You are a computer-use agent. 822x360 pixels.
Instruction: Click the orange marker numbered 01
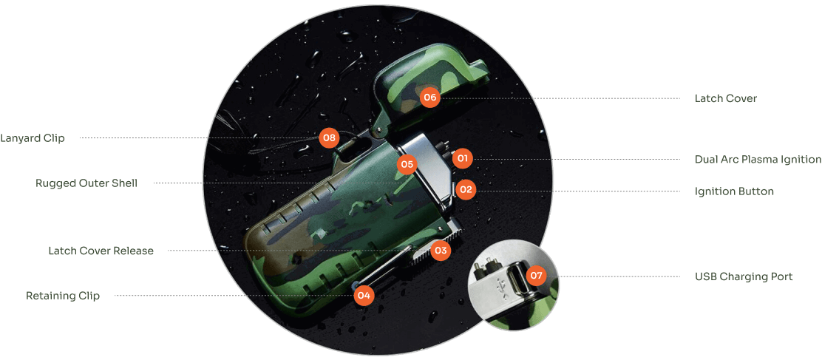point(462,157)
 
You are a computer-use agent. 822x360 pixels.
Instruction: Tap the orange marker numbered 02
point(464,190)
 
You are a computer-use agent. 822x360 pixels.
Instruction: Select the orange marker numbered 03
point(441,251)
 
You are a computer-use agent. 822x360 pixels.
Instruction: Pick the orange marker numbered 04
point(364,296)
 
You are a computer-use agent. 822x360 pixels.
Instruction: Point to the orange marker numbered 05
point(407,164)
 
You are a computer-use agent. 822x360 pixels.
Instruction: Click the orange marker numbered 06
point(430,98)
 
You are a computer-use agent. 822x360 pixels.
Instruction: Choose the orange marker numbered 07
point(535,276)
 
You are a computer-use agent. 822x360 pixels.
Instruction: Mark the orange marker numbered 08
point(329,137)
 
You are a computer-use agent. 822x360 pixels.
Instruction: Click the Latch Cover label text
point(726,98)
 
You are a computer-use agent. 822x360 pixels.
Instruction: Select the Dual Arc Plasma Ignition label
point(758,159)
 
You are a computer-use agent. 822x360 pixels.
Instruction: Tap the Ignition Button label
point(734,191)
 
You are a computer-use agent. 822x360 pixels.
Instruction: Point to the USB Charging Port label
point(744,276)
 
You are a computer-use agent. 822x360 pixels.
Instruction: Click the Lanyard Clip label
point(33,139)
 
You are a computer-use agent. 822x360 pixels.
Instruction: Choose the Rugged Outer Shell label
point(86,183)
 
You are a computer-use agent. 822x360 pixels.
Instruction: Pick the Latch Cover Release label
point(101,251)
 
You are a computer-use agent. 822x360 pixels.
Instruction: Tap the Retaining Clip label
point(63,296)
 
